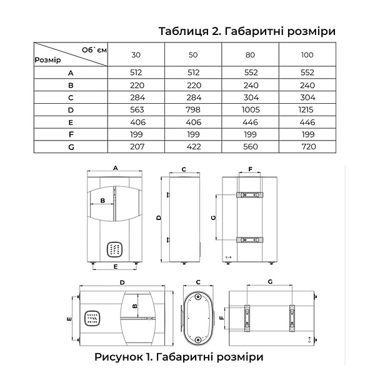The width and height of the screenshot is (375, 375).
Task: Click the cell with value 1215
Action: pos(306,110)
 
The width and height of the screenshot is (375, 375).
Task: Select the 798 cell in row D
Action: pos(193,110)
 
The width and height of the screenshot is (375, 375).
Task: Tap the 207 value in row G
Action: pos(137,147)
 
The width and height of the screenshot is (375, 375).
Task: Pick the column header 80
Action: pos(250,55)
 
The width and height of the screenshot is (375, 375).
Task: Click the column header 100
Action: pos(307,55)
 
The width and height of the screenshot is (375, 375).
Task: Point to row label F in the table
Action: pos(71,134)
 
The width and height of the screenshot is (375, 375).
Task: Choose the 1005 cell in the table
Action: pos(251,110)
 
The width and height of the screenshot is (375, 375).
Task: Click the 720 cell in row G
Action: pos(309,147)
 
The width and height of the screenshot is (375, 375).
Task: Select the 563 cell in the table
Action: pos(137,110)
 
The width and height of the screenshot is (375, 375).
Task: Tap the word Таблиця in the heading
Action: pos(184,31)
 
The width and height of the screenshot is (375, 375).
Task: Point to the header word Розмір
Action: pos(48,60)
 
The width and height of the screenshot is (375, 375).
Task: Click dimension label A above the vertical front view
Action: pos(115,168)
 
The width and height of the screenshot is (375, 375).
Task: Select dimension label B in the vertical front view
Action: pos(102,201)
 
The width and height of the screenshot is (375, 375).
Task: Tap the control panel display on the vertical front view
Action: pos(114,249)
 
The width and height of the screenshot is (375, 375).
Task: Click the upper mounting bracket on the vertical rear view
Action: pos(250,194)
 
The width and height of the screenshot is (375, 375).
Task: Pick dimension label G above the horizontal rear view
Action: pos(270,282)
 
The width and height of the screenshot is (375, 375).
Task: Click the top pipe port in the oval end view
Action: pos(197,297)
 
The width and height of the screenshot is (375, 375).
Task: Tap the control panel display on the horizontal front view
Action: pos(92,319)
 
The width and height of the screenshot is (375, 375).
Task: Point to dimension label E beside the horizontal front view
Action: pos(69,319)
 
